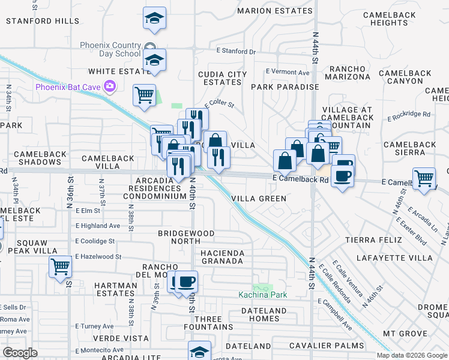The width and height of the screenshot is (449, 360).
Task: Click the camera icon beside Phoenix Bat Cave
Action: pos(109,86)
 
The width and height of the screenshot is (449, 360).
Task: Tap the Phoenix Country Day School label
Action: pos(111,49)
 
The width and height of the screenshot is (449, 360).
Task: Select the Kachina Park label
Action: pos(262,295)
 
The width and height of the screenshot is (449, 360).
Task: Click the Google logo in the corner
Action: pos(20,353)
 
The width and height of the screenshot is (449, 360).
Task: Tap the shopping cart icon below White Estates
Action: pos(144,95)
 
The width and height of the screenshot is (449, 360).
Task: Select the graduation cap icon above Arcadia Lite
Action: pos(200,351)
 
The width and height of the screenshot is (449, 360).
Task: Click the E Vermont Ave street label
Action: pos(289,72)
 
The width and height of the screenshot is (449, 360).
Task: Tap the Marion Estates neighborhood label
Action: pos(276,11)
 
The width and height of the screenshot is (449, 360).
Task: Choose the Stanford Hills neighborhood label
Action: pos(42,21)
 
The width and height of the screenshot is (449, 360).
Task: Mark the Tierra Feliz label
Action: pos(370,240)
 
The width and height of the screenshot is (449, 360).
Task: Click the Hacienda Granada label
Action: pos(222,257)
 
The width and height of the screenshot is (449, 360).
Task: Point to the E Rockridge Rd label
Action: pos(409,114)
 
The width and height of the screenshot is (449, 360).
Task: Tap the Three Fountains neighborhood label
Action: pos(212,323)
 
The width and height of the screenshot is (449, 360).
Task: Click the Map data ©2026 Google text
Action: pos(411,355)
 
